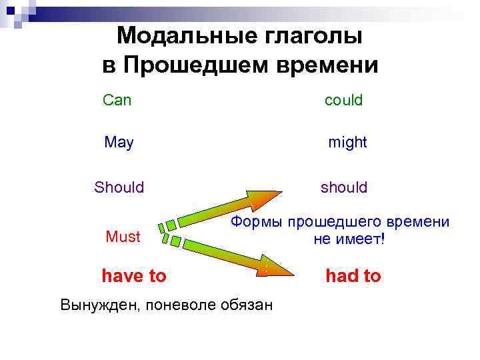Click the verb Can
[x=117, y=101]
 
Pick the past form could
[x=343, y=101]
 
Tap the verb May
[x=119, y=143]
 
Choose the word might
[x=347, y=143]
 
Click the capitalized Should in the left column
[x=119, y=187]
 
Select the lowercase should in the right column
[x=344, y=187]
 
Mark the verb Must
[x=123, y=237]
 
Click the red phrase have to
[x=134, y=276]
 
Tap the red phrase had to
[x=353, y=276]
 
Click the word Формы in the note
[x=253, y=223]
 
